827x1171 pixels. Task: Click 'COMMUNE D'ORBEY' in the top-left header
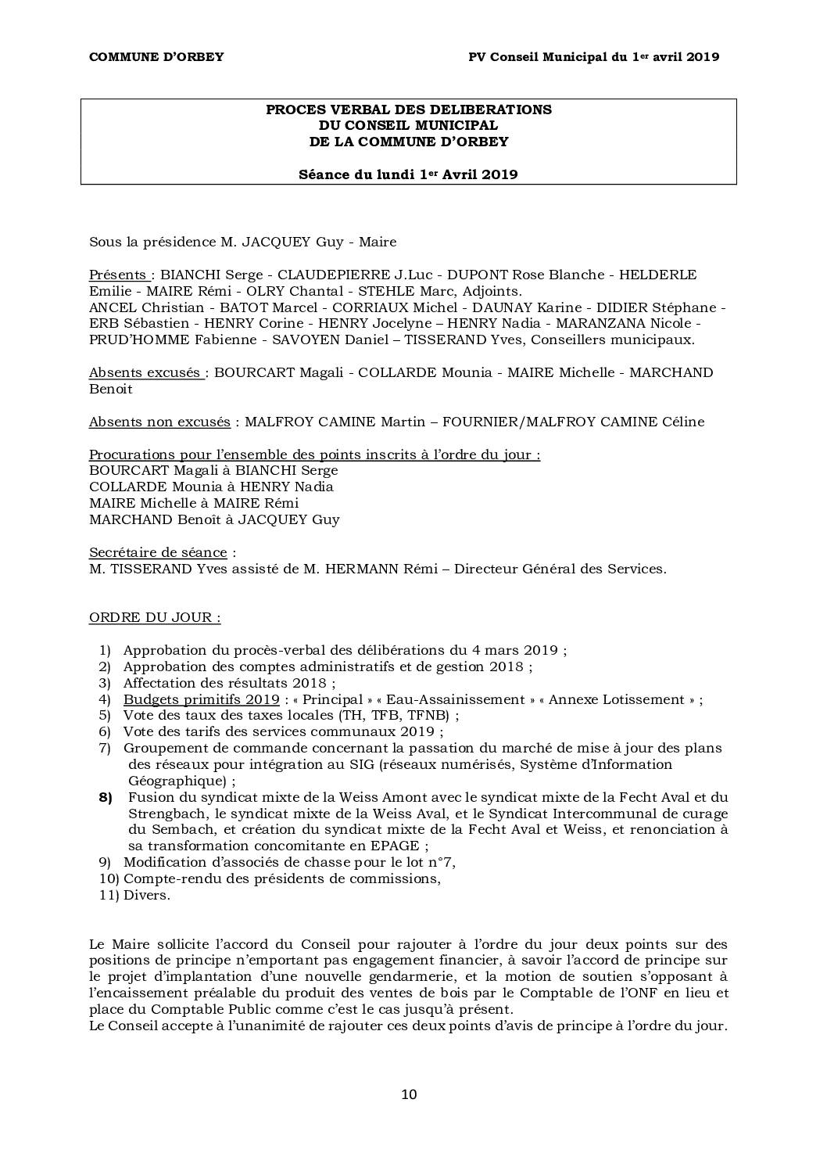[x=156, y=56]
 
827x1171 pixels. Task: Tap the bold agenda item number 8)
[x=106, y=797]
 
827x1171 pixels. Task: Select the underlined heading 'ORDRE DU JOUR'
[x=154, y=617]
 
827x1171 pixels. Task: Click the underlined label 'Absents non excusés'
[x=159, y=422]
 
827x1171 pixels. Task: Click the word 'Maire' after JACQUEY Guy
[x=377, y=242]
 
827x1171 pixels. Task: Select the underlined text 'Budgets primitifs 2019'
[x=201, y=699]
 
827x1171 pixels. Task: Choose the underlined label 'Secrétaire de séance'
[x=158, y=552]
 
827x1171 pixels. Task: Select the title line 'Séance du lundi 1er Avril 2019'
[x=408, y=174]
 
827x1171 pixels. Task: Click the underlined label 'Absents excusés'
[x=146, y=372]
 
